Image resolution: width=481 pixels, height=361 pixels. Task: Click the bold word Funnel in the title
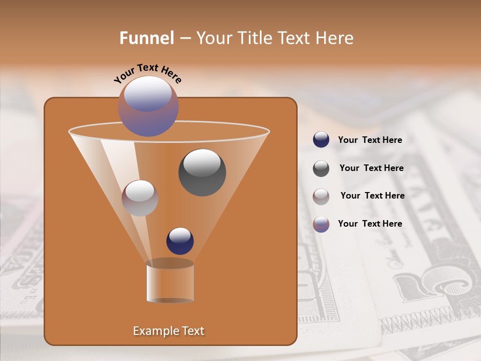(147, 38)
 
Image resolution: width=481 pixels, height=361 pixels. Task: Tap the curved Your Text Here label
(148, 74)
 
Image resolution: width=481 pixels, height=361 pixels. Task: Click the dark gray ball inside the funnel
(202, 172)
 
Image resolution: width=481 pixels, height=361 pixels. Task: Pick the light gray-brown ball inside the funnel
(140, 198)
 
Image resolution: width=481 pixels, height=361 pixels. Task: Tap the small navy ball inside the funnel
(180, 241)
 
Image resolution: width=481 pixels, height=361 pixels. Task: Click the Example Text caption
(169, 331)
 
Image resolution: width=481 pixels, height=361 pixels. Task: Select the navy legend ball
(321, 140)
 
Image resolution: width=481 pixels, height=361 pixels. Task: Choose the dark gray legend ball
(321, 168)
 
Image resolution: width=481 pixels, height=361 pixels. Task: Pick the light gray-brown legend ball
(321, 196)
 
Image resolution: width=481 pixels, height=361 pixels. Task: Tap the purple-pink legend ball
(321, 224)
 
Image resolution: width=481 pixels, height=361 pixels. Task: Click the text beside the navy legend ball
(370, 140)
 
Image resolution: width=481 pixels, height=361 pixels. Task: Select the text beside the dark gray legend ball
(371, 168)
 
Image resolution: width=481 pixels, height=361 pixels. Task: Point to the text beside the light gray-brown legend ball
(372, 196)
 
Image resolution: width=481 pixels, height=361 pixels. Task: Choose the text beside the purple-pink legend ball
(370, 224)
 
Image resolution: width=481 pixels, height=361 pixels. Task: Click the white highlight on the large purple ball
(148, 93)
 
